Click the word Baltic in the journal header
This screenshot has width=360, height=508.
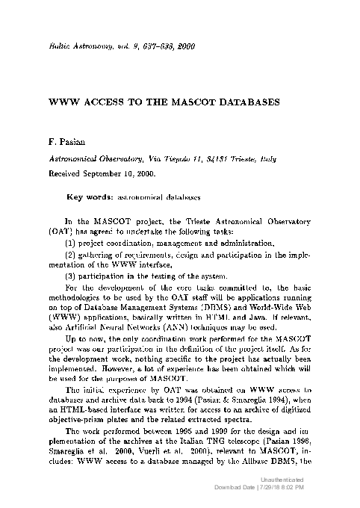pyautogui.click(x=60, y=46)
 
